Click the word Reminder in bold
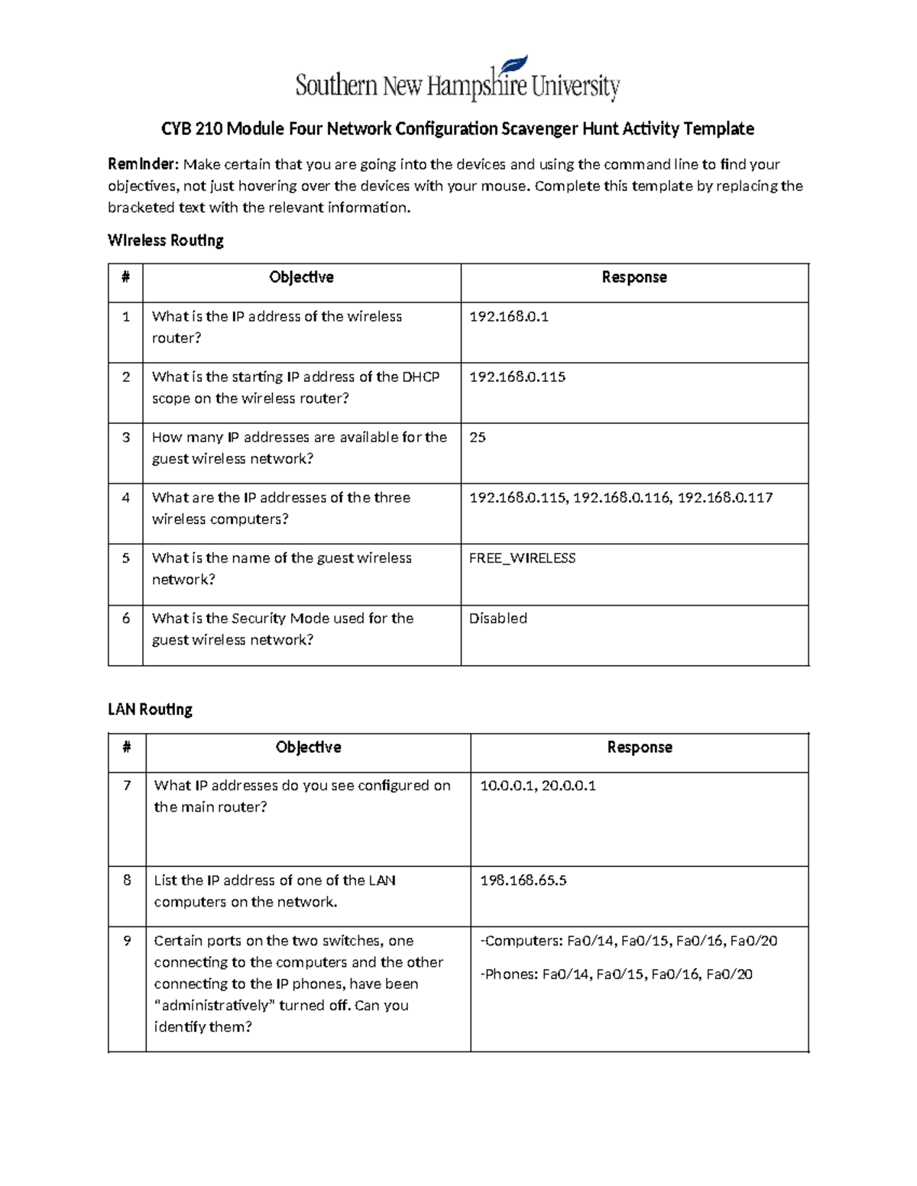tap(143, 164)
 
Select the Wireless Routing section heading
tap(166, 241)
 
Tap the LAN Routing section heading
tap(150, 709)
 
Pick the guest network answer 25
tap(478, 438)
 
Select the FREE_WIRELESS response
tap(522, 558)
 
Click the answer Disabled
tap(498, 619)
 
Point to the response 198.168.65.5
tap(523, 881)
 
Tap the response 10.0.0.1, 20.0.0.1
tap(538, 786)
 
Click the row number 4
tap(126, 498)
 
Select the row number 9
tap(127, 941)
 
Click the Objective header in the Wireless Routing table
tap(301, 277)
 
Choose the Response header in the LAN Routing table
tap(640, 747)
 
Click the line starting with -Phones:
tap(616, 974)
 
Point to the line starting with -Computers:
tap(628, 941)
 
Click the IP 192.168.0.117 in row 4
tap(725, 498)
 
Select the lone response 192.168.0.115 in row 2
tap(517, 377)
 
